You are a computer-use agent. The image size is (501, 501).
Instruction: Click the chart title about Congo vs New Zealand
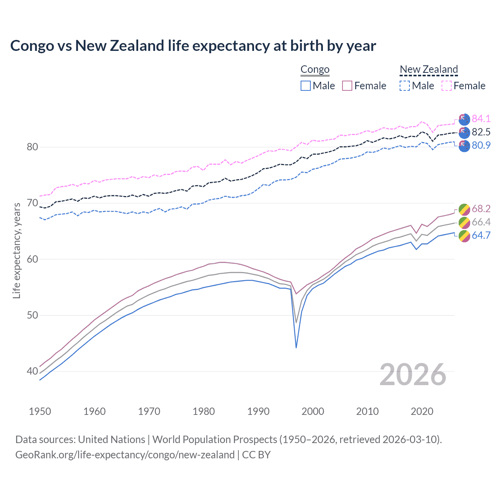tap(193, 46)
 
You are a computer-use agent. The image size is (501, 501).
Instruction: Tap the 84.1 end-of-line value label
tap(481, 119)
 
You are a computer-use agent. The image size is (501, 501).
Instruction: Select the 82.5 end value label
tap(481, 132)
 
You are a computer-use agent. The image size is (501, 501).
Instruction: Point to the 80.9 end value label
tap(481, 145)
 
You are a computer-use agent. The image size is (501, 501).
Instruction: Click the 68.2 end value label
tap(481, 209)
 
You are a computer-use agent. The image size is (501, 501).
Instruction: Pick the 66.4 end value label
tap(481, 222)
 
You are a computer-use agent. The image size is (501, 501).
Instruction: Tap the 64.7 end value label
tap(481, 235)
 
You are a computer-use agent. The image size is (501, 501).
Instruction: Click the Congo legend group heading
tap(315, 70)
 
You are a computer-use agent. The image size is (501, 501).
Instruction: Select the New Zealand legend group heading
tap(429, 70)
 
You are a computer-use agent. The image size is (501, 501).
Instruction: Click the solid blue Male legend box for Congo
tap(306, 86)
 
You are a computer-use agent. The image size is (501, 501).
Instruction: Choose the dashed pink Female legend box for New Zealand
tap(447, 86)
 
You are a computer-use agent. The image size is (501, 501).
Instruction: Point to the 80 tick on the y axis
tap(32, 147)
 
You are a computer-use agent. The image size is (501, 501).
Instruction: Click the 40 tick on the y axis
tap(32, 371)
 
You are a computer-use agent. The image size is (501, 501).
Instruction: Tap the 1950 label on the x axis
tap(40, 411)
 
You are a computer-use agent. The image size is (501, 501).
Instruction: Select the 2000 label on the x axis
tap(313, 411)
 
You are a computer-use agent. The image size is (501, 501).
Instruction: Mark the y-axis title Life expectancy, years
tap(17, 250)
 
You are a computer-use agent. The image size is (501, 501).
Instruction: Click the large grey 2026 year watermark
tap(413, 375)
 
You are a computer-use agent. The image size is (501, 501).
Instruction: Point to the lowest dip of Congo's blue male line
tap(296, 347)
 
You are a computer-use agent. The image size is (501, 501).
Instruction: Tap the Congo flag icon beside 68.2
tap(464, 209)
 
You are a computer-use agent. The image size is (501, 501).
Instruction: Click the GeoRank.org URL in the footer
tap(125, 455)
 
